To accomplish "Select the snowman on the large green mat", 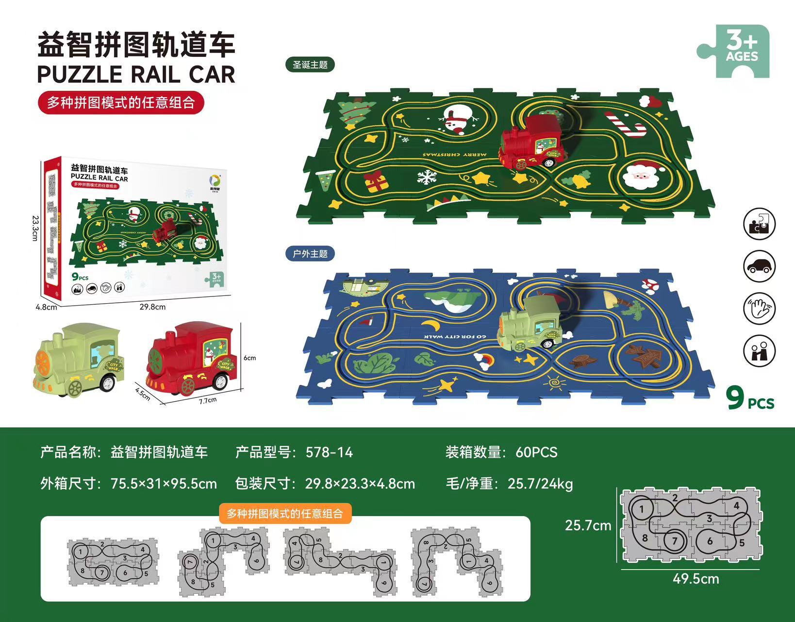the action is pos(457,119).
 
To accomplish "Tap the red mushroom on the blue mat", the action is pos(649,284).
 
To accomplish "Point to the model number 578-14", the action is pos(329,452).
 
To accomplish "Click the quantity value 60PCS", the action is pos(536,452).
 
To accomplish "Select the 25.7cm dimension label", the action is pos(588,525).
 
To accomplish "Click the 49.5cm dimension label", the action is pos(696,579).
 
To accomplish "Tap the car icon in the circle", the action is pos(759,266).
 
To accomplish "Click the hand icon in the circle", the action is pos(759,308).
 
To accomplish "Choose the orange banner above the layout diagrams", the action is pos(285,513).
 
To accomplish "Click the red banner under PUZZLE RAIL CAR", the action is pos(121,103).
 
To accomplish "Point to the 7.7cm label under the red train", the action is pos(207,400).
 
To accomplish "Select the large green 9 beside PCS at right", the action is pos(736,398).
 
